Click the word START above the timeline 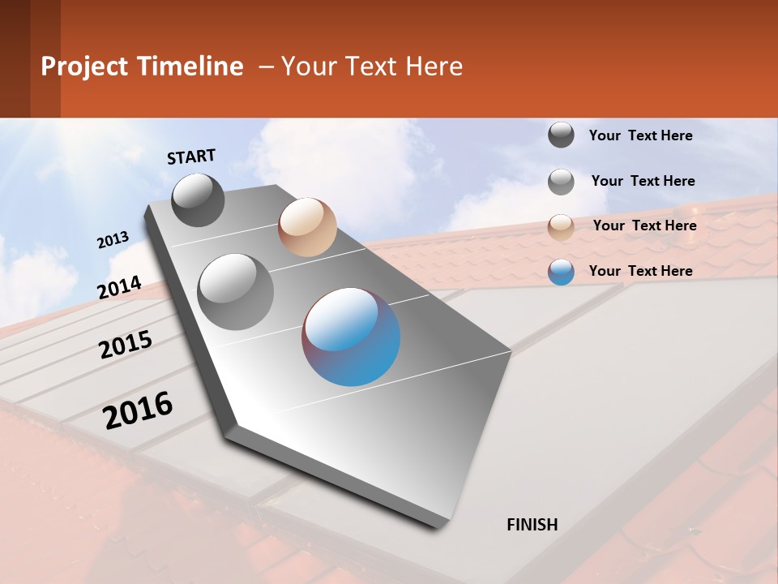pyautogui.click(x=191, y=157)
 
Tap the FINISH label pyautogui.click(x=532, y=525)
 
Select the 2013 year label pyautogui.click(x=113, y=240)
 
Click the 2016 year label pyautogui.click(x=139, y=410)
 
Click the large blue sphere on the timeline pyautogui.click(x=351, y=336)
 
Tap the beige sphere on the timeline pyautogui.click(x=307, y=227)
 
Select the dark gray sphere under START pyautogui.click(x=199, y=200)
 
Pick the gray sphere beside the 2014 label pyautogui.click(x=236, y=291)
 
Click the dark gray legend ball pyautogui.click(x=561, y=135)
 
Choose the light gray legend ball pyautogui.click(x=561, y=182)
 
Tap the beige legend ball pyautogui.click(x=561, y=227)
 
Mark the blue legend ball pyautogui.click(x=561, y=272)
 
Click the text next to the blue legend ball pyautogui.click(x=640, y=271)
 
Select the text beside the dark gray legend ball pyautogui.click(x=640, y=135)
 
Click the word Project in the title pyautogui.click(x=84, y=67)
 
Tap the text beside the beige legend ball pyautogui.click(x=644, y=225)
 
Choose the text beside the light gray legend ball pyautogui.click(x=643, y=181)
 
